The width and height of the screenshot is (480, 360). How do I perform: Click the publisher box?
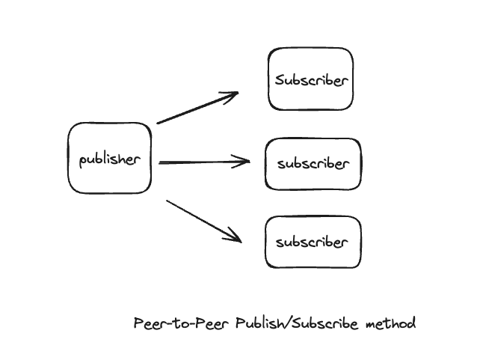tap(110, 159)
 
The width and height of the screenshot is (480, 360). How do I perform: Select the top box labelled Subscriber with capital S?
tap(311, 79)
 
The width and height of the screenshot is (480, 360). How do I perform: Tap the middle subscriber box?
tap(313, 164)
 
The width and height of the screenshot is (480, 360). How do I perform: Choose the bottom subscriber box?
tap(313, 242)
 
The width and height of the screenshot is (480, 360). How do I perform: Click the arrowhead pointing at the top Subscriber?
tap(236, 94)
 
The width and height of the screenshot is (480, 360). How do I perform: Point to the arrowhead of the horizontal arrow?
tap(247, 161)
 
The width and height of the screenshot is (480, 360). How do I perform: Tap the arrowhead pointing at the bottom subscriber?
tap(239, 240)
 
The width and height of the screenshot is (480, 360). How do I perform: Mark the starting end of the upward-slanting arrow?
tap(158, 123)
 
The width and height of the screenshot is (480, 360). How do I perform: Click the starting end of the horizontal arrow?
tap(160, 162)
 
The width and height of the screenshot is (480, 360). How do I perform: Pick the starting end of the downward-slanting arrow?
tap(167, 200)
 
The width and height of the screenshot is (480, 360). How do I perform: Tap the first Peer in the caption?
tap(153, 323)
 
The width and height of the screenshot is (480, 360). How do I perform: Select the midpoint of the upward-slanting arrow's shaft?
tap(197, 108)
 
